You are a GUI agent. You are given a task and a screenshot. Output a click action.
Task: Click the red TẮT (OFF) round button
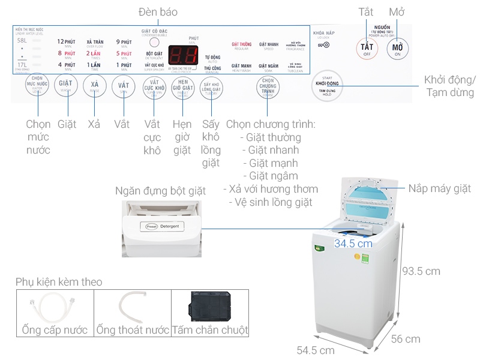[366, 48]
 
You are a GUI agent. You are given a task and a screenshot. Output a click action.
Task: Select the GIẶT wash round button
[65, 86]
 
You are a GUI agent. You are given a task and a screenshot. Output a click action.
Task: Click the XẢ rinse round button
[94, 86]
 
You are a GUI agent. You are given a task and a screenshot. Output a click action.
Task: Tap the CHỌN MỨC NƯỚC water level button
[37, 85]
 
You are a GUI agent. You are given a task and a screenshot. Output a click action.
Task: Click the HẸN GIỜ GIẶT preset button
[182, 87]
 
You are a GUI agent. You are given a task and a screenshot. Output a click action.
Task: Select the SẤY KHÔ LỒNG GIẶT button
[211, 87]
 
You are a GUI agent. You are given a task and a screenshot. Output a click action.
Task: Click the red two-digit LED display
[182, 55]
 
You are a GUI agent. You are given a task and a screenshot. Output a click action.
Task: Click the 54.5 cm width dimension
[316, 350]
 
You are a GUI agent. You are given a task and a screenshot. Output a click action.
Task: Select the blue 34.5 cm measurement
[353, 244]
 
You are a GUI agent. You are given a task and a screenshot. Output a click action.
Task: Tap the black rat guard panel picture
[209, 307]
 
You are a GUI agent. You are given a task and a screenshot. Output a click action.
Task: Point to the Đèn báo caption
[158, 12]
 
